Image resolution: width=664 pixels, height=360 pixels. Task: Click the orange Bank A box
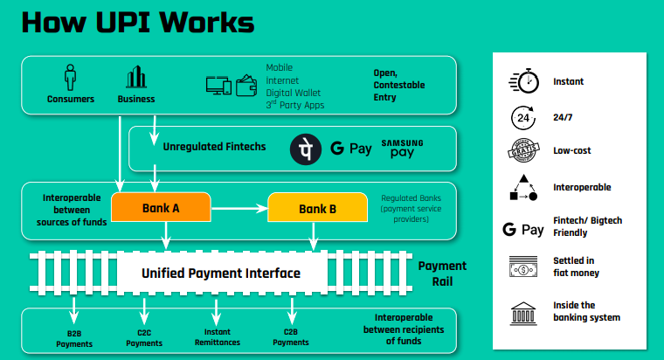tap(161, 209)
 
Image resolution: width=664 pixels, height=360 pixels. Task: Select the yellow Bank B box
tap(316, 209)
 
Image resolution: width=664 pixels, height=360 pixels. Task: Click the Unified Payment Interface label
tap(221, 273)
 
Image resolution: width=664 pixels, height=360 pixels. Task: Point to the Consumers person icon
tap(70, 77)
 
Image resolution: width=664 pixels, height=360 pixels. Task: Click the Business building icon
tap(135, 77)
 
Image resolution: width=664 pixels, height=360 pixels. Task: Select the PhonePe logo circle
tap(305, 149)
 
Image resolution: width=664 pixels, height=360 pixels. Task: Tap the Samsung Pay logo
tap(402, 148)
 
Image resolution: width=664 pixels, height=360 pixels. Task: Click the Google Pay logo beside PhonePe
tap(351, 149)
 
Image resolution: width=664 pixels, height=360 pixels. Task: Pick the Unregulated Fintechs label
tap(214, 147)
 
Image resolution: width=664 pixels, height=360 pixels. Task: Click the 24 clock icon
tap(522, 116)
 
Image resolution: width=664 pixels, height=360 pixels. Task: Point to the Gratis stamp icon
tap(522, 150)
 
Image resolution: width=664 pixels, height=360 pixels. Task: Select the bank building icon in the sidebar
tap(522, 311)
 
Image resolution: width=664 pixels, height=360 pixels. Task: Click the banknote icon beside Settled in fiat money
tap(522, 267)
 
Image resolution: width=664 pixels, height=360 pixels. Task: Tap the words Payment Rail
tap(442, 273)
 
